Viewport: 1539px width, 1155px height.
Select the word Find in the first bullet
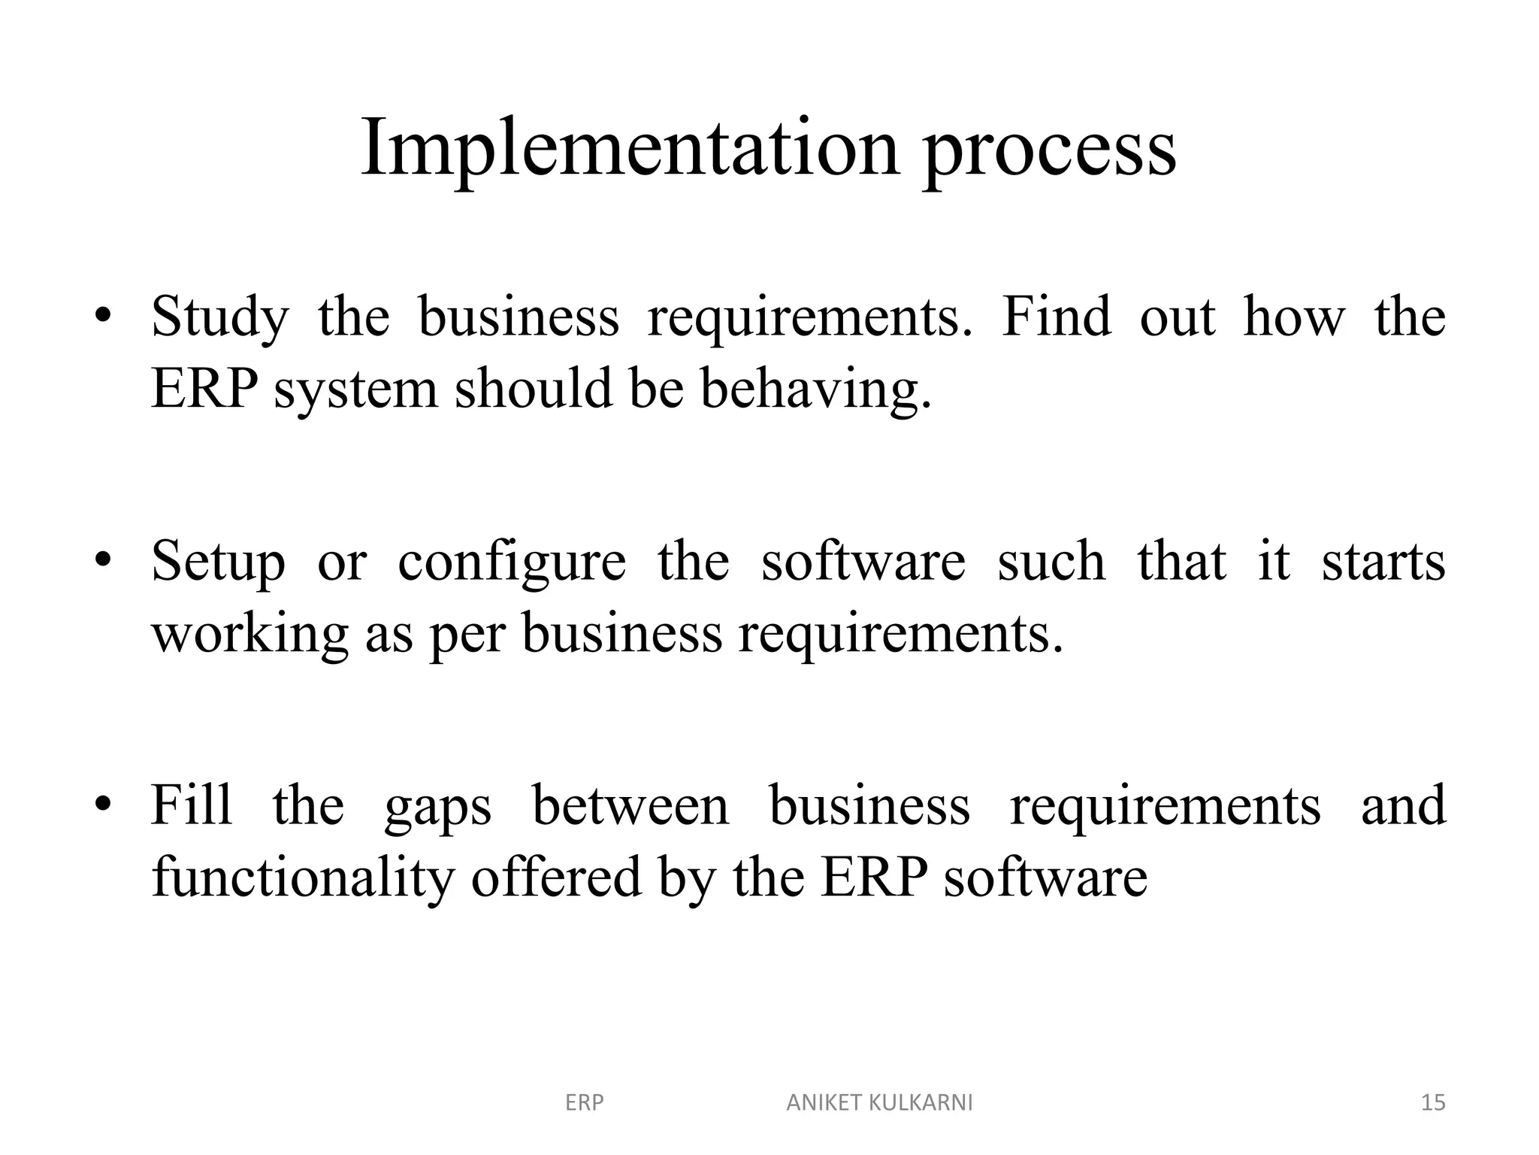pos(1057,317)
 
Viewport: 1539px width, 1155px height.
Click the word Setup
pos(218,562)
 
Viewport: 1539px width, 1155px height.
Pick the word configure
pos(511,564)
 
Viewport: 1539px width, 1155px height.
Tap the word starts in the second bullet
pos(1383,562)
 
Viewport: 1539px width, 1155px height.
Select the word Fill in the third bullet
pos(191,805)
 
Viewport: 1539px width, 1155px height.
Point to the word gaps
pos(437,809)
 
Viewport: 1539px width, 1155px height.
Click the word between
pos(630,805)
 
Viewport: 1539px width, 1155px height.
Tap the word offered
pos(556,877)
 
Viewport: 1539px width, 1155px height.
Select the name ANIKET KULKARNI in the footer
pos(879,1103)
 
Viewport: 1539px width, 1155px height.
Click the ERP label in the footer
pos(584,1103)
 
